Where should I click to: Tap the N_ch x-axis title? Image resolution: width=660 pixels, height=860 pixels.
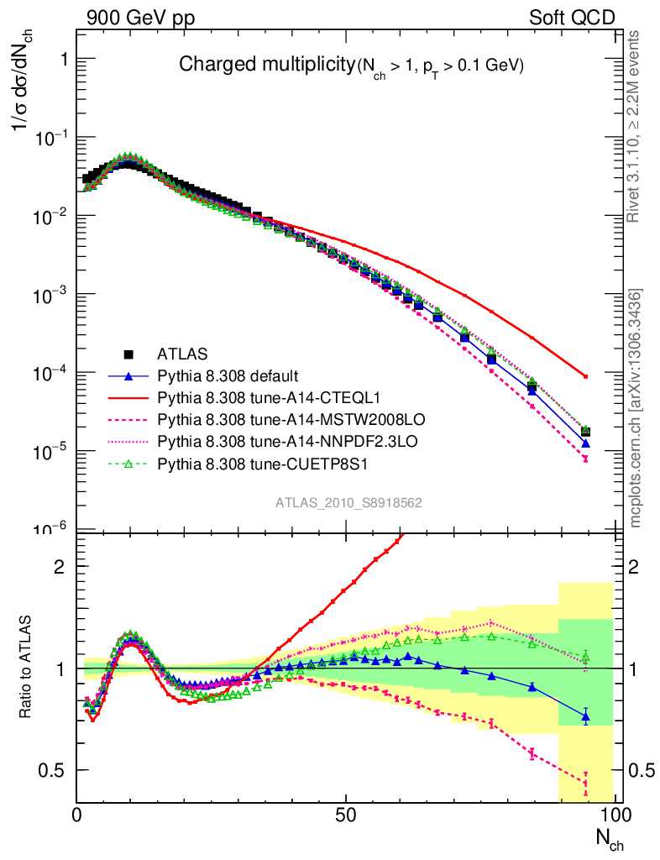tap(610, 837)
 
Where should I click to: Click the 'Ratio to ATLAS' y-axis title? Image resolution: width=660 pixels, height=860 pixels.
tap(28, 668)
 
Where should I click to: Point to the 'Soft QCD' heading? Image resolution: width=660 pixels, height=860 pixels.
tap(572, 18)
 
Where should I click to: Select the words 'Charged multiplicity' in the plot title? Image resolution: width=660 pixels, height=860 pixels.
tap(268, 65)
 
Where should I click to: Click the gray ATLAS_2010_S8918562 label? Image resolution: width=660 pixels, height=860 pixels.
tap(348, 503)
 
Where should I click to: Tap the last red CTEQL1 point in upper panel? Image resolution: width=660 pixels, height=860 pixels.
tap(585, 376)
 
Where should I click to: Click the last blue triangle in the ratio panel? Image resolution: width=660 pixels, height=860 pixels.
tap(585, 716)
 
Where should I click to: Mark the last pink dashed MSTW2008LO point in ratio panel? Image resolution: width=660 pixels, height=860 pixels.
tap(585, 784)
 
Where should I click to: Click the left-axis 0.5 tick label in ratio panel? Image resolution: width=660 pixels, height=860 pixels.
tap(57, 770)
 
